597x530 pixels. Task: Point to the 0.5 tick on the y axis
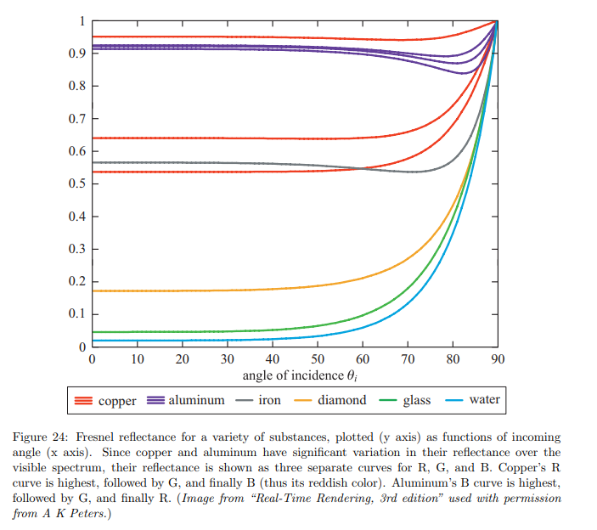coord(75,184)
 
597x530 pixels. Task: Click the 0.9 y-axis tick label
coord(75,54)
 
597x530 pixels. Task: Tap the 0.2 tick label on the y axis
coord(75,282)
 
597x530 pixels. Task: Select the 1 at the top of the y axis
coord(82,20)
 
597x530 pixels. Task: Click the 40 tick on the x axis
coord(273,359)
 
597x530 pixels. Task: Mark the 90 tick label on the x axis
coord(498,359)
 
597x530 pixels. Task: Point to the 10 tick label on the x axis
coord(137,359)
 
